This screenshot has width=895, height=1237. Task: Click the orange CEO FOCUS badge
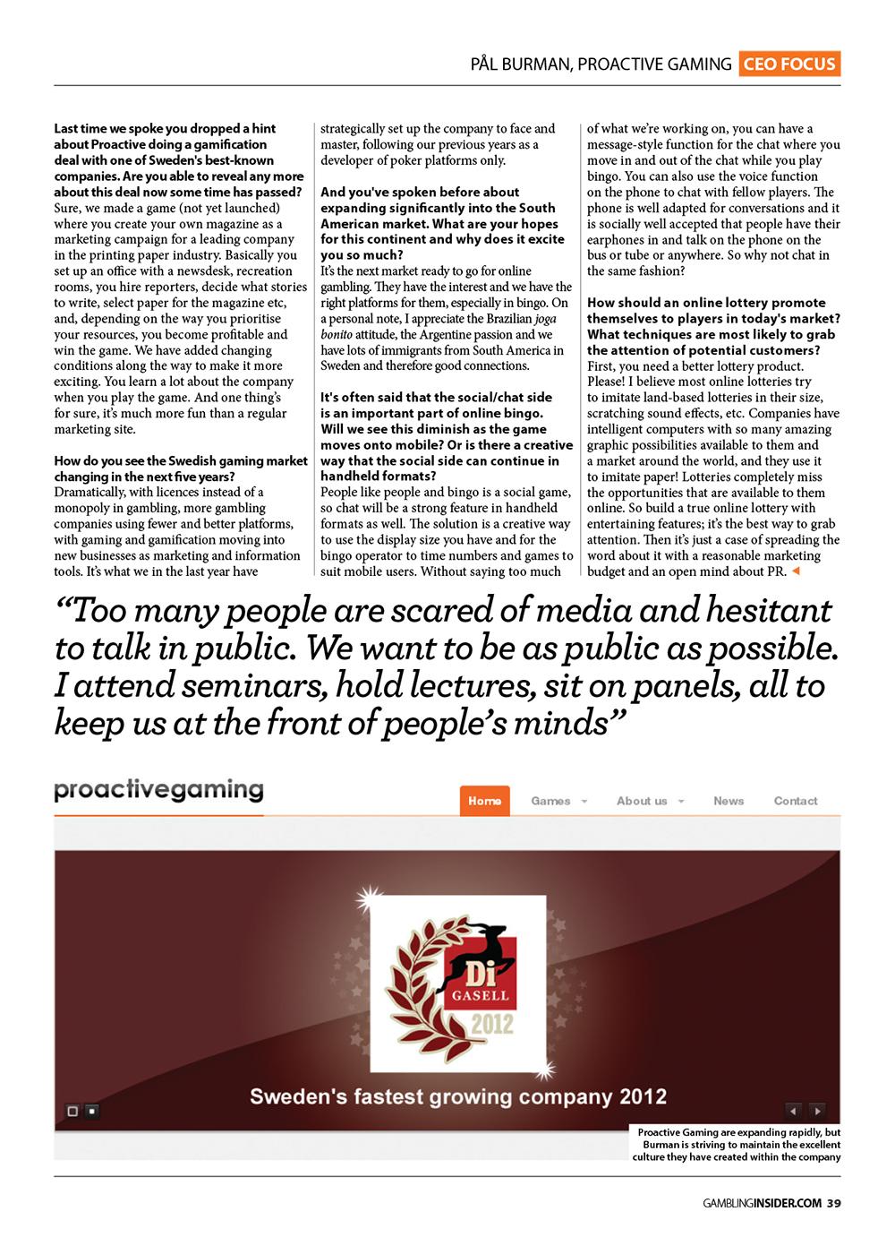[788, 64]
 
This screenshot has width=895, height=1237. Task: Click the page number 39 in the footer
[833, 1203]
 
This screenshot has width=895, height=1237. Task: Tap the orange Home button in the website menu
[484, 801]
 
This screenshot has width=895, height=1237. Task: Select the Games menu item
[550, 801]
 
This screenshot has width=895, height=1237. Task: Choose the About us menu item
[642, 801]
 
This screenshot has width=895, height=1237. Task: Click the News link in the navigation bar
[729, 801]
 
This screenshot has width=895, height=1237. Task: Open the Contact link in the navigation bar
[796, 801]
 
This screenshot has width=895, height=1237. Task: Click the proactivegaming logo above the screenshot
[158, 790]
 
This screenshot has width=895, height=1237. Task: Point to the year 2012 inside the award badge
[492, 1022]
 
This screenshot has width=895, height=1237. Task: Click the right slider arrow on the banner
[817, 1111]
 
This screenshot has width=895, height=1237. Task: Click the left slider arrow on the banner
[793, 1111]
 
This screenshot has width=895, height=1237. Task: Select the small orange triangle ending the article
[796, 571]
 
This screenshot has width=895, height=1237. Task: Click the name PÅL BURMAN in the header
[520, 64]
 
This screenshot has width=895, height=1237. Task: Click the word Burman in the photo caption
[661, 1144]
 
